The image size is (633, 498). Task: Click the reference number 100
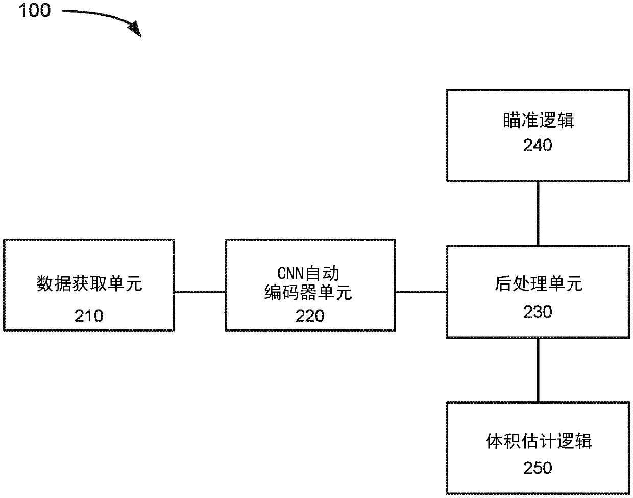[35, 10]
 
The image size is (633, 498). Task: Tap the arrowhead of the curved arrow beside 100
[135, 29]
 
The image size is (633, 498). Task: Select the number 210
[89, 316]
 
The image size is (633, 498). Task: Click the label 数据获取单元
[89, 283]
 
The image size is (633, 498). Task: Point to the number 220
[310, 316]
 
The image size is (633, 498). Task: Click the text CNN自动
[308, 273]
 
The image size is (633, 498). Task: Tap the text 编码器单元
[308, 292]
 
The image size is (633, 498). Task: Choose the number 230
[538, 312]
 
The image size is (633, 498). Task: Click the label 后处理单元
[538, 283]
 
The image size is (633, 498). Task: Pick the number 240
[538, 145]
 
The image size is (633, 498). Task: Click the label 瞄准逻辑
[538, 120]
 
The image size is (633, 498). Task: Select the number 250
[538, 468]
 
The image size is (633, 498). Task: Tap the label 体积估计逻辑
[539, 441]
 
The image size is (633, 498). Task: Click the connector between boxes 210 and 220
[200, 292]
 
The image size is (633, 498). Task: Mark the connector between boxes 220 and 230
[421, 292]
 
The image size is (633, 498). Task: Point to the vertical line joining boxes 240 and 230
[538, 214]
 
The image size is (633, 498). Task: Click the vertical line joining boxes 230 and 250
[538, 370]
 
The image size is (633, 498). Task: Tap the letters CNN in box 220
[290, 273]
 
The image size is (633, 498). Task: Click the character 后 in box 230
[503, 283]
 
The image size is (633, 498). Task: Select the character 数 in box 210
[45, 283]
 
